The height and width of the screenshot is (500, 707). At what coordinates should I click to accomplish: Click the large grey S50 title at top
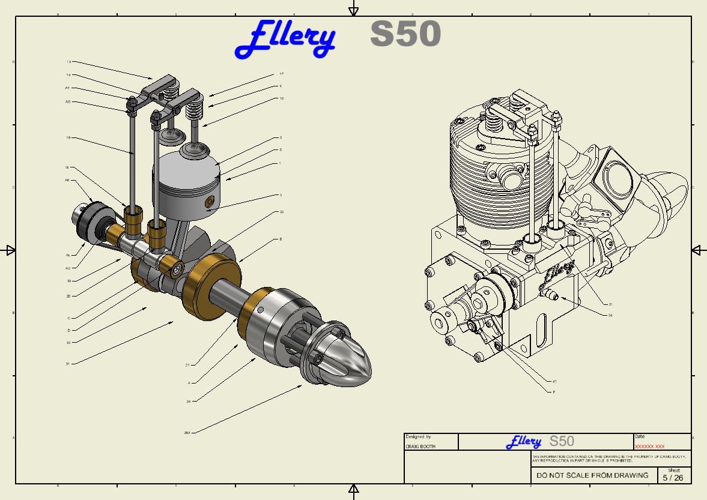click(405, 34)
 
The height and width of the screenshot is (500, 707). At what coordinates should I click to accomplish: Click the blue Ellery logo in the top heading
click(285, 38)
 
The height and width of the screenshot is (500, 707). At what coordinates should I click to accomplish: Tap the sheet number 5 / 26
click(673, 478)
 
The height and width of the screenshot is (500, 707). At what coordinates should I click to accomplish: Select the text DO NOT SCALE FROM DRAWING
click(592, 475)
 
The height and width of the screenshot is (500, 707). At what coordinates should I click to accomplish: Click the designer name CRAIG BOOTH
click(420, 447)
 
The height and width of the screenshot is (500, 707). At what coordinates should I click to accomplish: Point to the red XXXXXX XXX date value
click(649, 447)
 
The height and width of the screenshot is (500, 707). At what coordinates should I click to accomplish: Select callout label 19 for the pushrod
click(68, 137)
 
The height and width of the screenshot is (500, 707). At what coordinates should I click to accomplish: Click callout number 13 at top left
click(68, 62)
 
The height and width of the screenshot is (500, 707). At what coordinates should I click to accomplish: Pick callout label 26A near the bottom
click(187, 432)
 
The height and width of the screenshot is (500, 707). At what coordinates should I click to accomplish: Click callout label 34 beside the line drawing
click(610, 315)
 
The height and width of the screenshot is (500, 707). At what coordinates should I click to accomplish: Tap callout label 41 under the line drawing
click(554, 381)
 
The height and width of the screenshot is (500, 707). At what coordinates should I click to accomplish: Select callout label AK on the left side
click(67, 180)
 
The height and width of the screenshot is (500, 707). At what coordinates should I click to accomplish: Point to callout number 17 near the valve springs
click(281, 74)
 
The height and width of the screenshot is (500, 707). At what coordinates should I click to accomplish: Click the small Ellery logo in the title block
click(524, 442)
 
